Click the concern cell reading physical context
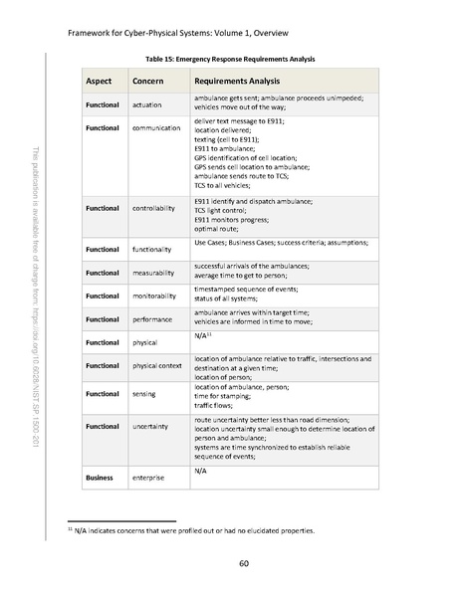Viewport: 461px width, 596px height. pyautogui.click(x=163, y=366)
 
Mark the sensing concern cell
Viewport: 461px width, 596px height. pyautogui.click(x=148, y=394)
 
